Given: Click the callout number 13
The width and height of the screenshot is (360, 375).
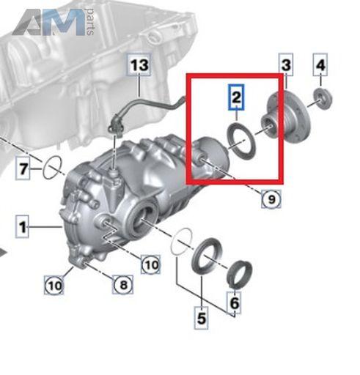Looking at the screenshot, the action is (x=139, y=65).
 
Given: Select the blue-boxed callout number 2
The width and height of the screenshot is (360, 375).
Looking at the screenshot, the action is (x=236, y=97).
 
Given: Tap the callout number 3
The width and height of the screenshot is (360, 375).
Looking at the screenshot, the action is (x=286, y=65).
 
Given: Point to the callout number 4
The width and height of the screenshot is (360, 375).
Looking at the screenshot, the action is (x=320, y=65).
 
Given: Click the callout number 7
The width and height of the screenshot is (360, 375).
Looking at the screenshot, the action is (x=23, y=168).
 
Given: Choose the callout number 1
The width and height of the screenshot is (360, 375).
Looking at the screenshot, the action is (x=22, y=226).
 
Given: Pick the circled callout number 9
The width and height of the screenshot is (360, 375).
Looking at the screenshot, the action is (x=271, y=199).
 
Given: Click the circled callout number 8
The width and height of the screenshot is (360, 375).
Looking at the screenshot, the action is (x=123, y=284).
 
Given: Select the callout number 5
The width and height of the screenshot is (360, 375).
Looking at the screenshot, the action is (x=202, y=318).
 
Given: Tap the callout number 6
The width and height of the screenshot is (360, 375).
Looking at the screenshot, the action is (x=235, y=302).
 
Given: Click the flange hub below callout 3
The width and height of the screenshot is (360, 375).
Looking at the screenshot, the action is (x=284, y=117).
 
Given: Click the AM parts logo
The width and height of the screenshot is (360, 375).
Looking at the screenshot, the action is (x=53, y=22).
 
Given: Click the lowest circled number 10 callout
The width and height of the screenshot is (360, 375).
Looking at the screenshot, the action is (x=54, y=285).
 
